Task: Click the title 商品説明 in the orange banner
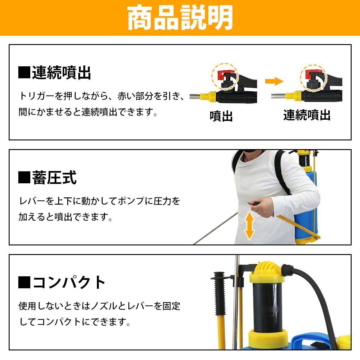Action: tap(180, 18)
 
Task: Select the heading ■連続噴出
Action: tap(55, 73)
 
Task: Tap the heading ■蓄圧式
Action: tap(47, 178)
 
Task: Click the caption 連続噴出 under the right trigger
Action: tap(307, 115)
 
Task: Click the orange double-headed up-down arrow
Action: tap(249, 226)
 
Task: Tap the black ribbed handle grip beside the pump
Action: tap(219, 292)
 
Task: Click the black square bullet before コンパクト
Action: tap(24, 282)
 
